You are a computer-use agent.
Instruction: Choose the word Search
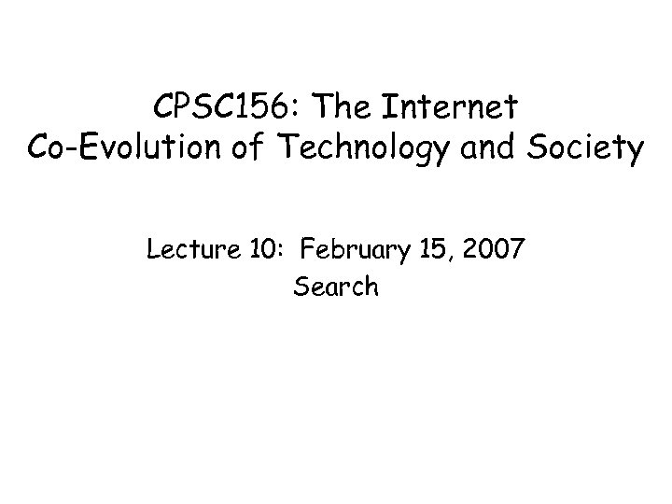coord(336,287)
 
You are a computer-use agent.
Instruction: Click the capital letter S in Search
coord(301,287)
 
